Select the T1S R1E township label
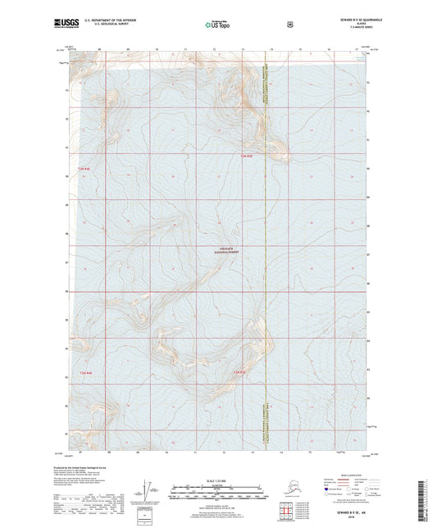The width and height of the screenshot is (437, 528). coord(239,373)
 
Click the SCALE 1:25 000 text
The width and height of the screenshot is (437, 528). coord(217,480)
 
